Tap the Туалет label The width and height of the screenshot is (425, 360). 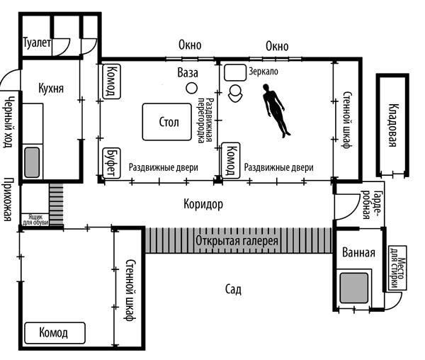37,43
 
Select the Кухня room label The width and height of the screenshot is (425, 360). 51,89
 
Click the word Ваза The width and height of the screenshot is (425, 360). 187,73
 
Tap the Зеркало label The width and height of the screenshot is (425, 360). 263,72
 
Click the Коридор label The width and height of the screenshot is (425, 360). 203,204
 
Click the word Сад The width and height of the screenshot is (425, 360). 234,289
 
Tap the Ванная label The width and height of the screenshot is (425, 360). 358,253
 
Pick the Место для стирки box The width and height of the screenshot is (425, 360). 395,269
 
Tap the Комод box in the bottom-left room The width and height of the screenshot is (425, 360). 54,332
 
